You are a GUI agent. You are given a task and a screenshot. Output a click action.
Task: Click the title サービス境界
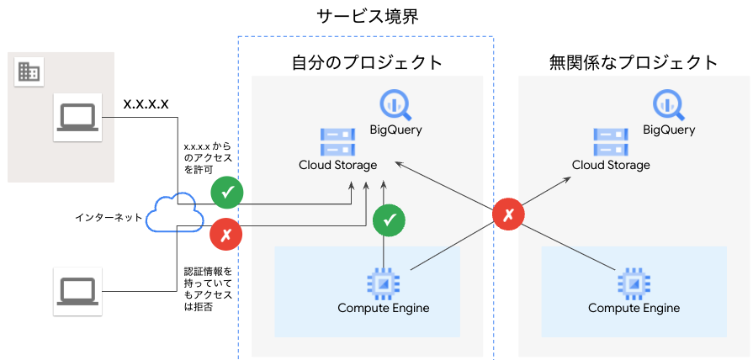pyautogui.click(x=368, y=17)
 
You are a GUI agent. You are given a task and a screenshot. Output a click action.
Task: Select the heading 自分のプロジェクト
pyautogui.click(x=368, y=63)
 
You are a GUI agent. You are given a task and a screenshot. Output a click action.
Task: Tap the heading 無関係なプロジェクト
pyautogui.click(x=634, y=63)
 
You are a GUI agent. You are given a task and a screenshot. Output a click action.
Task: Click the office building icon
pyautogui.click(x=29, y=72)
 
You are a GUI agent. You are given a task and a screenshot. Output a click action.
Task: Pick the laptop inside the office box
pyautogui.click(x=77, y=117)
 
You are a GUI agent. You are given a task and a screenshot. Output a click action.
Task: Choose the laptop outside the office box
pyautogui.click(x=77, y=291)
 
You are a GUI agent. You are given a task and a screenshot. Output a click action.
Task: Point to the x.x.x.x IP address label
pyautogui.click(x=146, y=104)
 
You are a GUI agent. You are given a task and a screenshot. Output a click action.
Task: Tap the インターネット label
pyautogui.click(x=109, y=218)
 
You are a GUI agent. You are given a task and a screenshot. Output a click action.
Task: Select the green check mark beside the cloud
pyautogui.click(x=227, y=193)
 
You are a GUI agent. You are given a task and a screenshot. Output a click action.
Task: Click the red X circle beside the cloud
pyautogui.click(x=225, y=235)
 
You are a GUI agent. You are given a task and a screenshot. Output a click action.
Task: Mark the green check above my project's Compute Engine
pyautogui.click(x=389, y=220)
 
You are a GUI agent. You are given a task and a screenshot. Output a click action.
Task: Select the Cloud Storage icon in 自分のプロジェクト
pyautogui.click(x=338, y=141)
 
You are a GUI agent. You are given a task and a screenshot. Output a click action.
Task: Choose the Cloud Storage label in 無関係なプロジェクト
pyautogui.click(x=611, y=165)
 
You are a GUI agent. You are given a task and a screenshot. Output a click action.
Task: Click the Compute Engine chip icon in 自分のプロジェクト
pyautogui.click(x=383, y=283)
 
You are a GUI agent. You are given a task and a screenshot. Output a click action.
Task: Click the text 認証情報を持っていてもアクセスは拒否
pyautogui.click(x=209, y=289)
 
